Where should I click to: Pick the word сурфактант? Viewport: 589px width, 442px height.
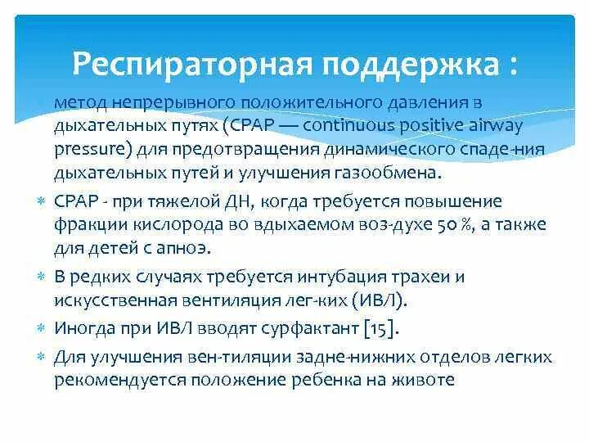coord(312,328)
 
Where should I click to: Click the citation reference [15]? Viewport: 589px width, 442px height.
coord(382,328)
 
